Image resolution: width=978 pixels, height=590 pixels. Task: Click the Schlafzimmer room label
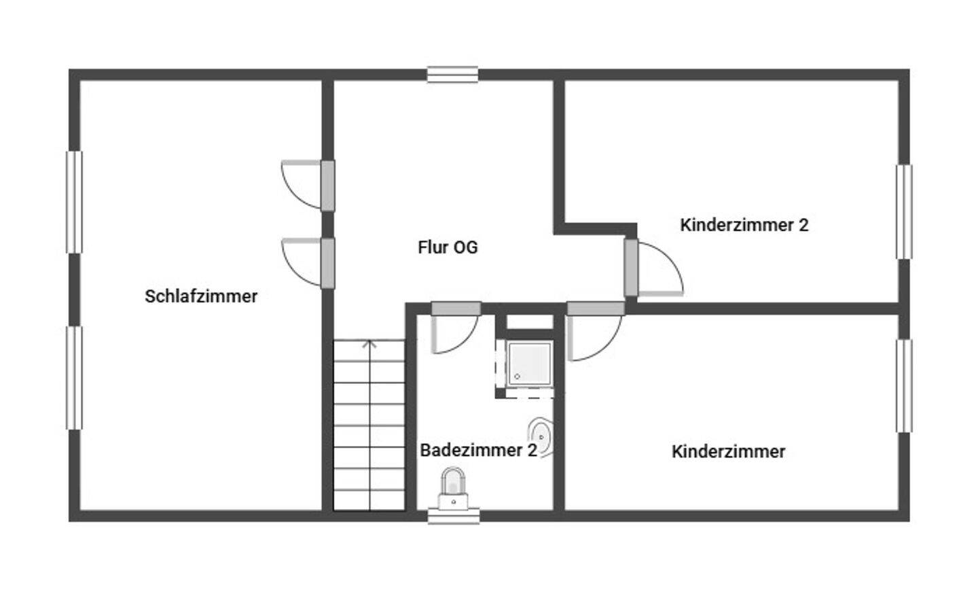coord(201,296)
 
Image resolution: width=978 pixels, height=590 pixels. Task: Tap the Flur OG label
coord(448,247)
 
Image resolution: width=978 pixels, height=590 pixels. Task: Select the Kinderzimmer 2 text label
coord(744,225)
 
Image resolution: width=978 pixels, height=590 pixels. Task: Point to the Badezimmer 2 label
coord(479,450)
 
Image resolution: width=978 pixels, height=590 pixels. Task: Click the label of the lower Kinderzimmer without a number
coord(728,451)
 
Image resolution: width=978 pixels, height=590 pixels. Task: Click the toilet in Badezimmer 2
coord(453,489)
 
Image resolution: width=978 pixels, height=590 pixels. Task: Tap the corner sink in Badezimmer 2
coord(541,436)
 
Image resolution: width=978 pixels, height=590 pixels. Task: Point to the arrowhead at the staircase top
coord(369,344)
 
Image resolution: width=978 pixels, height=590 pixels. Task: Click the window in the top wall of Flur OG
coord(452,74)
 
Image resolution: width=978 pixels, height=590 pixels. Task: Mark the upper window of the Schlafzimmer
coord(74,202)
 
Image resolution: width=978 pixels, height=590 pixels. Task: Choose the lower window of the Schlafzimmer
coord(74,378)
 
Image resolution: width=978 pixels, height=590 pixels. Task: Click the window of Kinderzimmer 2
coord(904,211)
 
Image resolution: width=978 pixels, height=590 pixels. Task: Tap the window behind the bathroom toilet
coord(454,516)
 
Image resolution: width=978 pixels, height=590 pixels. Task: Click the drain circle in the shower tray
coord(518,377)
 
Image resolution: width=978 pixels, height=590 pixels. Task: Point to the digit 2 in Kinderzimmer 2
coord(804,225)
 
